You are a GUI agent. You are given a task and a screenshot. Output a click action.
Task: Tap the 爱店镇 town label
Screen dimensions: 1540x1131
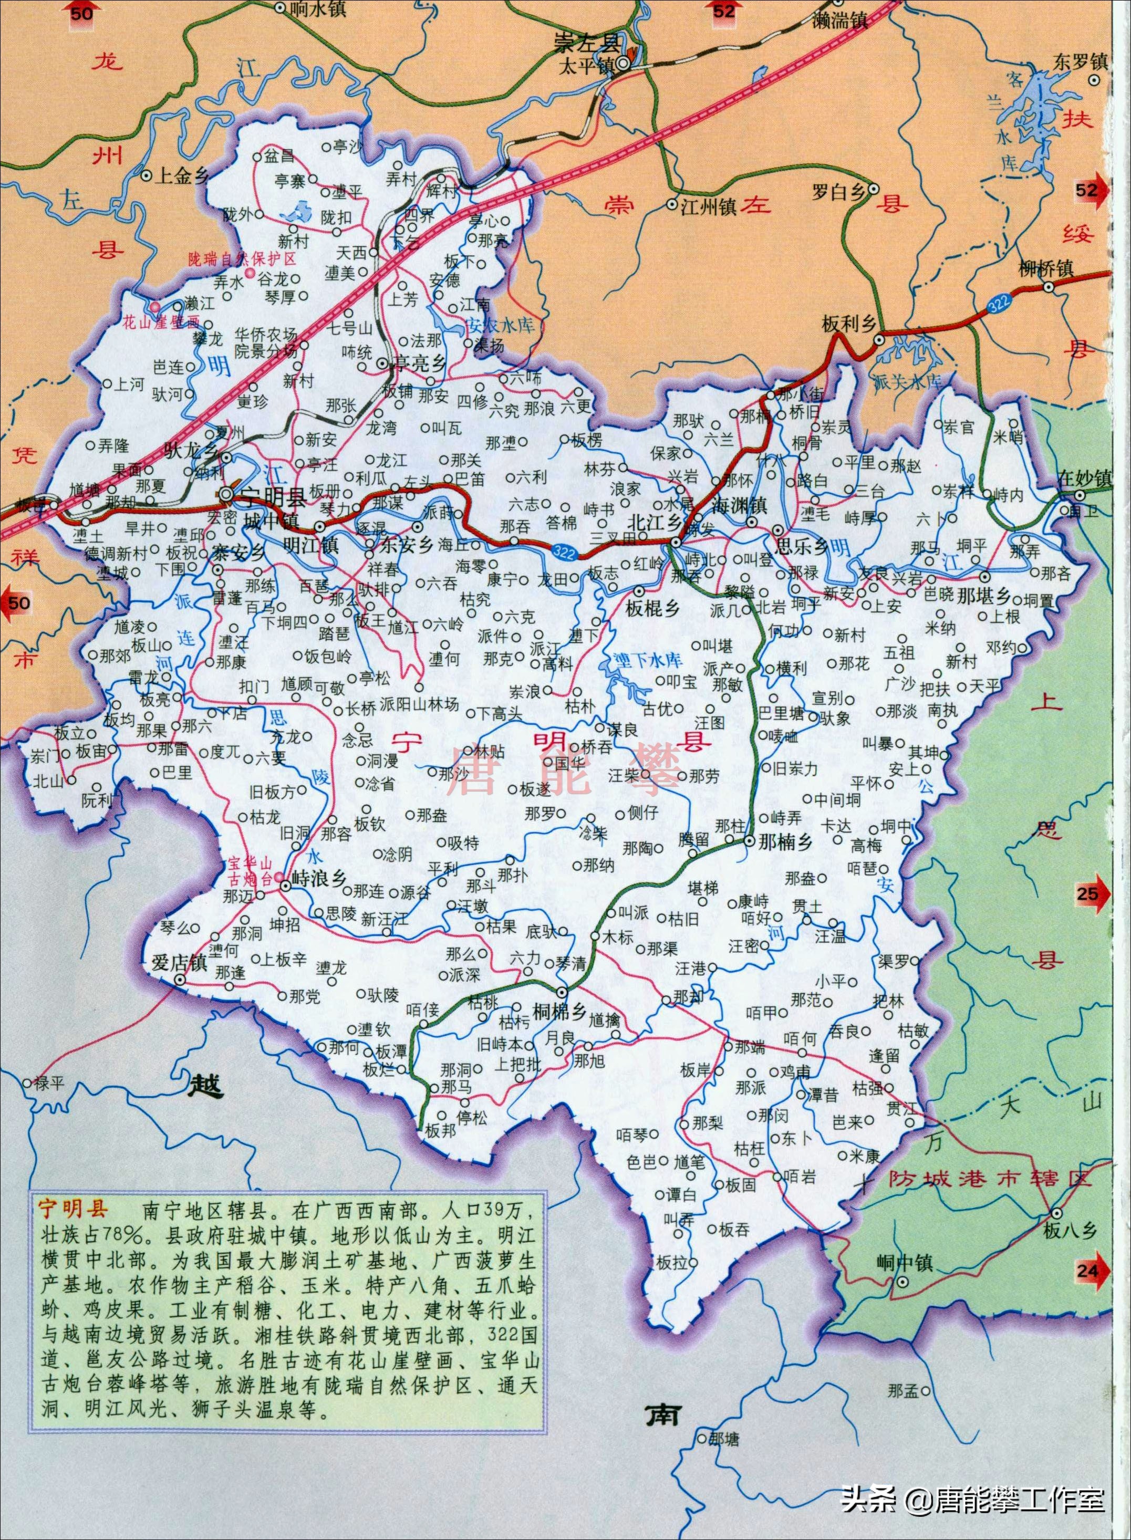point(179,962)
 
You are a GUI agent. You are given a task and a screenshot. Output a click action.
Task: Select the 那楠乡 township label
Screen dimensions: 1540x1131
point(785,842)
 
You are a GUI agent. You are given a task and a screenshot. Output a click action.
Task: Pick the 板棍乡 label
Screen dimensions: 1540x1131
point(652,607)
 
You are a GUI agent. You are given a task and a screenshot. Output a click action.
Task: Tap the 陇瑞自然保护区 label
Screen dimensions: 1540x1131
point(242,260)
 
